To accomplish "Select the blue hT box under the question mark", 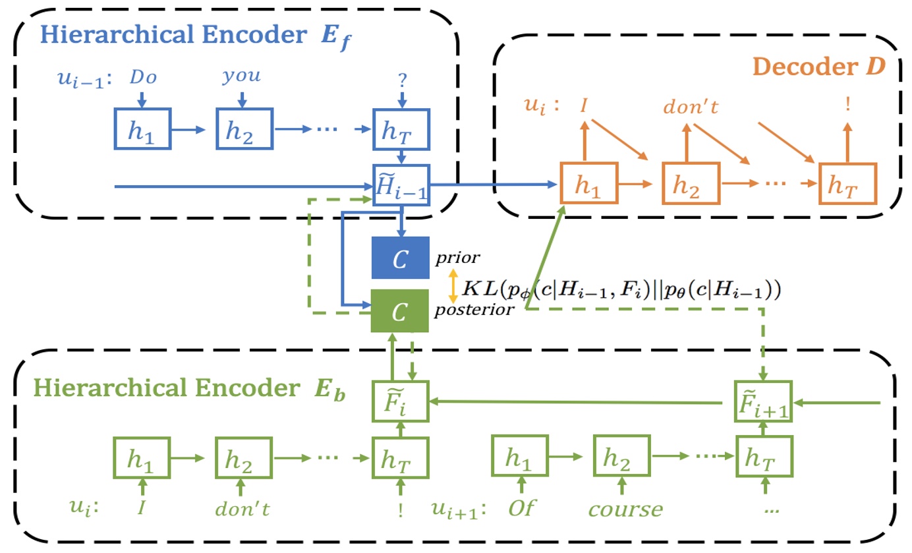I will [x=401, y=131].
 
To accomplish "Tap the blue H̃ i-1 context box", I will [x=401, y=185].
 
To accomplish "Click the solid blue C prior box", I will [x=400, y=258].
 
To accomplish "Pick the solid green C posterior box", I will [x=400, y=311].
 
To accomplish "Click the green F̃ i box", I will [x=400, y=401].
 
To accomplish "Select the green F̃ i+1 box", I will [x=764, y=401].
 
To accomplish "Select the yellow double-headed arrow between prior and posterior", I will [x=453, y=285].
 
